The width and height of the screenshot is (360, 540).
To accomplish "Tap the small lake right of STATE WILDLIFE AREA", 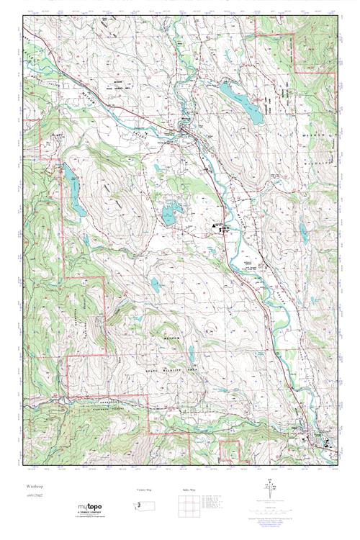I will click(x=192, y=354).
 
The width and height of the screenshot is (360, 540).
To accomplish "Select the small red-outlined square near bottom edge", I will click(x=229, y=451).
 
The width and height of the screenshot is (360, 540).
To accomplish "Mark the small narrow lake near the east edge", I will click(x=304, y=233).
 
